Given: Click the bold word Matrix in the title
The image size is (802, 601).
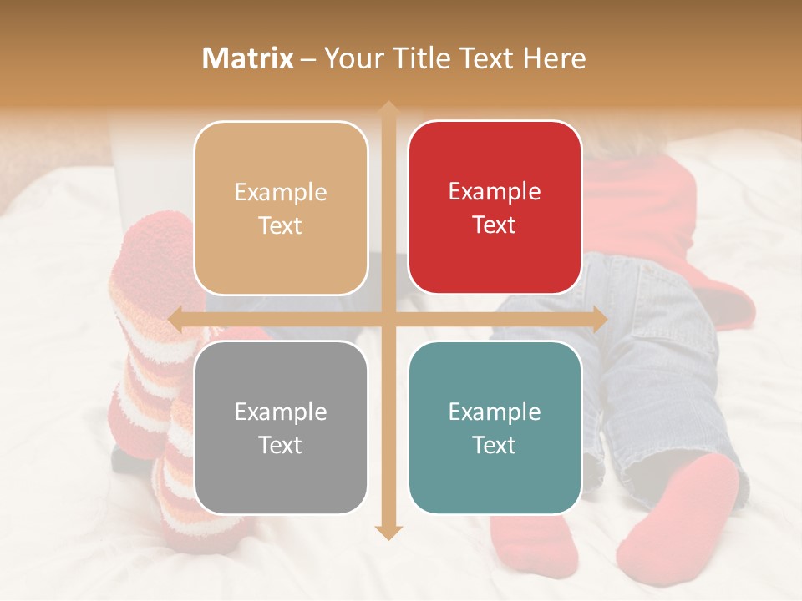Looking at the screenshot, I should (x=248, y=58).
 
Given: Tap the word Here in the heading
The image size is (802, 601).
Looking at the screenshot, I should (x=555, y=58).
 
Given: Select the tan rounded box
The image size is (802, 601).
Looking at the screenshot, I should (x=281, y=208).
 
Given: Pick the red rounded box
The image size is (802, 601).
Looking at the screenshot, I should (x=495, y=208).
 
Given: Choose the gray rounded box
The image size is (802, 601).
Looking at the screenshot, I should (x=281, y=427).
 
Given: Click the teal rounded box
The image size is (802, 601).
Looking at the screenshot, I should (x=495, y=427).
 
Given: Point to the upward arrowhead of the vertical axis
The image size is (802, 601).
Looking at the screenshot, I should (x=388, y=109).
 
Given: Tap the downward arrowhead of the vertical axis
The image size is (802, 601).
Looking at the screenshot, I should (x=388, y=532).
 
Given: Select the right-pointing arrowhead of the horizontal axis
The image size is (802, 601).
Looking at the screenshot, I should (x=599, y=319).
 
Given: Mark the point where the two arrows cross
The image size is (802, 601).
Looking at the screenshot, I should (x=388, y=319).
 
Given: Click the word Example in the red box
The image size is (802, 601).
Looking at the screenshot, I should (x=495, y=191).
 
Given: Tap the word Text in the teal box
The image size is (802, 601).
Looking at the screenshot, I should (x=495, y=445).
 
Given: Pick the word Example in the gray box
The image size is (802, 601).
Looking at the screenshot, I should (x=281, y=412).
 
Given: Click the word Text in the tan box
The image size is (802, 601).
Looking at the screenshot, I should (x=281, y=225).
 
